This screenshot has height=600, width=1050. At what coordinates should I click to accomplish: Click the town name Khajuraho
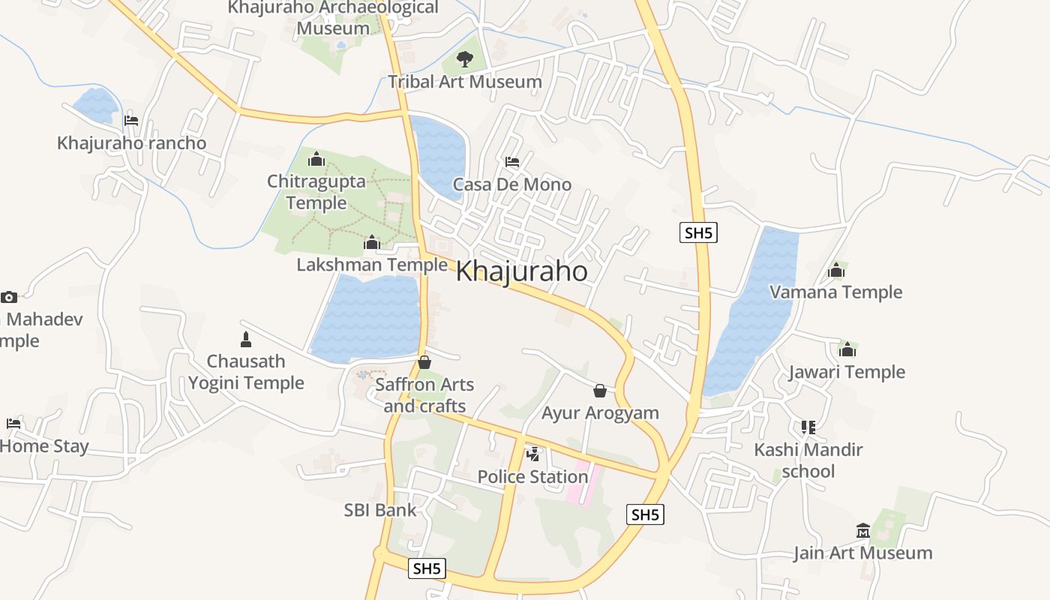[x=521, y=271]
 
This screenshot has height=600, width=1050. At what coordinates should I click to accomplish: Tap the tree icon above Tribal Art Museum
[x=465, y=58]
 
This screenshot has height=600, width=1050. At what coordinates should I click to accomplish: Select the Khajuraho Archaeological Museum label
[x=333, y=18]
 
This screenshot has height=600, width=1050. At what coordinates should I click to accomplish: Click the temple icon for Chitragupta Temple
[x=316, y=159]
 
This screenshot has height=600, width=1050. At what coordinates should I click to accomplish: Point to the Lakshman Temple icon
[x=371, y=242]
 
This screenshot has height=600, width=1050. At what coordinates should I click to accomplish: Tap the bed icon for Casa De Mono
[x=512, y=162]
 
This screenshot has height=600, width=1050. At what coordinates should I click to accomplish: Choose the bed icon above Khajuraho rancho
[x=131, y=120]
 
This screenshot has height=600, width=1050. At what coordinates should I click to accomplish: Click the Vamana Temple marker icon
[x=835, y=270]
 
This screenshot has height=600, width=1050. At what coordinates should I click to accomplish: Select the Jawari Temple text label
[x=847, y=372]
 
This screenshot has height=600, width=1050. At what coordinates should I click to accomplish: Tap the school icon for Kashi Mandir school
[x=808, y=427]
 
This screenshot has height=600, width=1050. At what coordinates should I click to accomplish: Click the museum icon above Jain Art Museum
[x=862, y=531]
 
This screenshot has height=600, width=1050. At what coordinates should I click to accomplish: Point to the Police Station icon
[x=533, y=454]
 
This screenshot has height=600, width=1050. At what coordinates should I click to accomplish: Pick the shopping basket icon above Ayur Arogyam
[x=599, y=391]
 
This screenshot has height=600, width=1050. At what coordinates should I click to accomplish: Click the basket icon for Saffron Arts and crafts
[x=424, y=362]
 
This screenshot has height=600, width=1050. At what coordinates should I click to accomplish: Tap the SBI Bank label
[x=379, y=510]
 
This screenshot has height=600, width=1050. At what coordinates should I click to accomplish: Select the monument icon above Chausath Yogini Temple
[x=245, y=339]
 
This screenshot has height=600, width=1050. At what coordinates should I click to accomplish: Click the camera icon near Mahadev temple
[x=9, y=297]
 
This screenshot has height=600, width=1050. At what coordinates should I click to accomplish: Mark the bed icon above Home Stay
[x=13, y=424]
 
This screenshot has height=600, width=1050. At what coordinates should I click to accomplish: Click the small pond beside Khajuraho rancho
[x=96, y=105]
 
